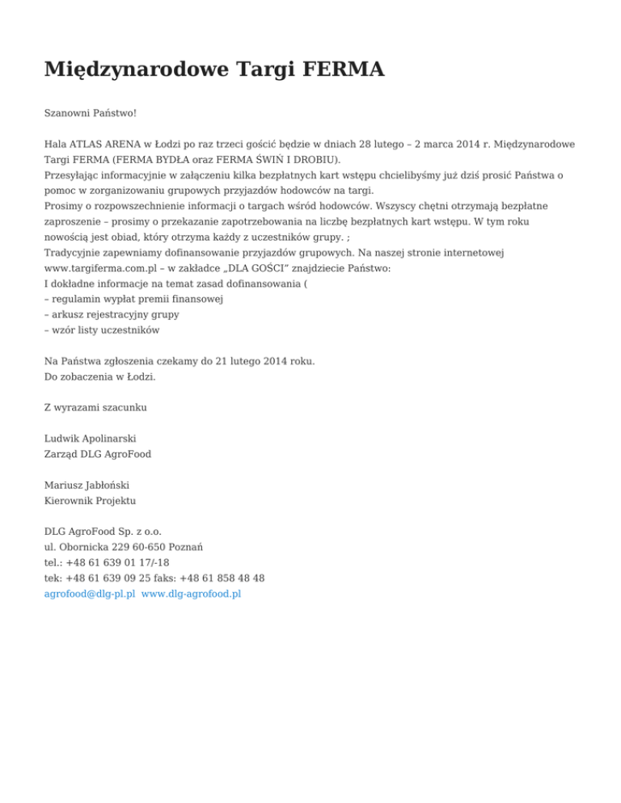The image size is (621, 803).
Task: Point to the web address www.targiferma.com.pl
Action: pyautogui.click(x=106, y=267)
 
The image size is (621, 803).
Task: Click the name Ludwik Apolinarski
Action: pyautogui.click(x=90, y=439)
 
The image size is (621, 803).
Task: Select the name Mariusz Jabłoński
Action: pyautogui.click(x=87, y=486)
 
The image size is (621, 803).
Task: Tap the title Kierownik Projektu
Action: pyautogui.click(x=91, y=501)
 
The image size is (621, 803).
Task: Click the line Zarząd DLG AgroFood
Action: pyautogui.click(x=98, y=454)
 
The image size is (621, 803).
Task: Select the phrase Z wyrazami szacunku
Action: pyautogui.click(x=95, y=407)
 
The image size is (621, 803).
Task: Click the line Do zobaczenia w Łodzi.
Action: pyautogui.click(x=100, y=376)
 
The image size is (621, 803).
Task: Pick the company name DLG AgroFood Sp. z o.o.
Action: pyautogui.click(x=103, y=532)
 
